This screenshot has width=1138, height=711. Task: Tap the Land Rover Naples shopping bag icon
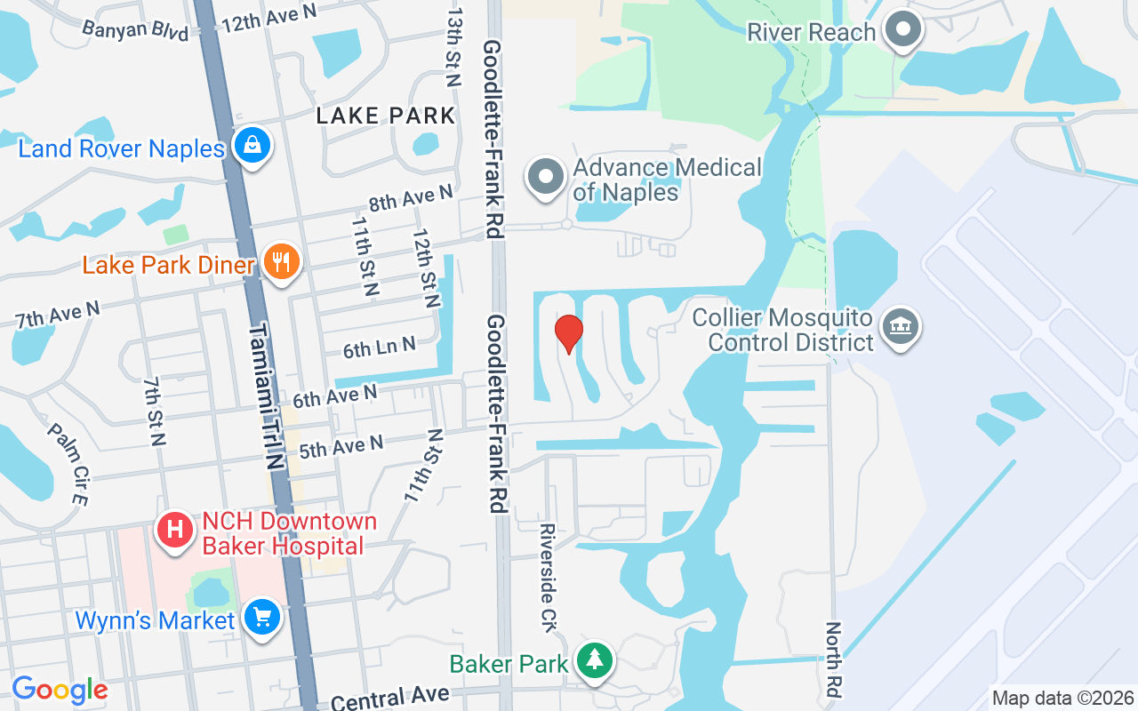click(252, 145)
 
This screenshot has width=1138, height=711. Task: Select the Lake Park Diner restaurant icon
click(282, 263)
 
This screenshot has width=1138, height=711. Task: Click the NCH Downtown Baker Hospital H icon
click(175, 531)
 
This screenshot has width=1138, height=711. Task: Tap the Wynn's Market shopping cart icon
click(262, 619)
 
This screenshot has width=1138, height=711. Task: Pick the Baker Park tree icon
click(595, 661)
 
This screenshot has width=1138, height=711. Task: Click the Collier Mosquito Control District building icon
click(902, 328)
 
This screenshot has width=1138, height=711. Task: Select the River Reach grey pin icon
click(904, 30)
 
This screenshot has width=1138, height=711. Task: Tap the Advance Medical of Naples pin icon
click(546, 177)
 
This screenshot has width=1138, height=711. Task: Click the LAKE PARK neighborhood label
click(386, 116)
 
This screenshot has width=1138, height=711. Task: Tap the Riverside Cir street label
click(549, 578)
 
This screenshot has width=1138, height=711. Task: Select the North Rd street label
click(834, 659)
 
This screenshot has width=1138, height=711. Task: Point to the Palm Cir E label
click(68, 463)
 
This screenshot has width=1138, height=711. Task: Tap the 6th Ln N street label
click(380, 347)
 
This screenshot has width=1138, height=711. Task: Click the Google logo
click(60, 690)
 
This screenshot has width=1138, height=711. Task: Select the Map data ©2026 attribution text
click(1062, 698)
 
